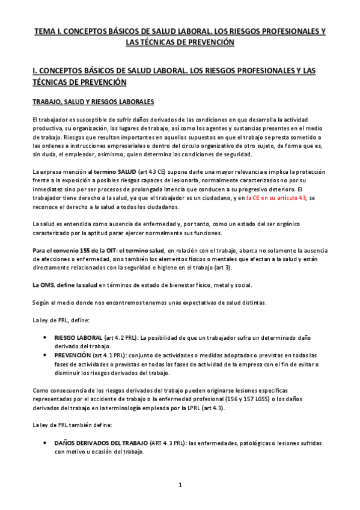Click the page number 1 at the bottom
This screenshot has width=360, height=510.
point(180,485)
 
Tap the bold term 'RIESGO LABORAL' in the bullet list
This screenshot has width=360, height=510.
point(78,339)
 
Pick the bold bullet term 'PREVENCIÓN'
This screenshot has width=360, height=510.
point(73,355)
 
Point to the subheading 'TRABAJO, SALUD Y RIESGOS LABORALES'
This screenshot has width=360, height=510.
point(93,101)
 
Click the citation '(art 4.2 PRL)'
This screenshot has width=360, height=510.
point(122,339)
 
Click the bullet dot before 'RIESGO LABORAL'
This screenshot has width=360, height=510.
point(46,339)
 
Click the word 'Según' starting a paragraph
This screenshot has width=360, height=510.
point(40,302)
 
